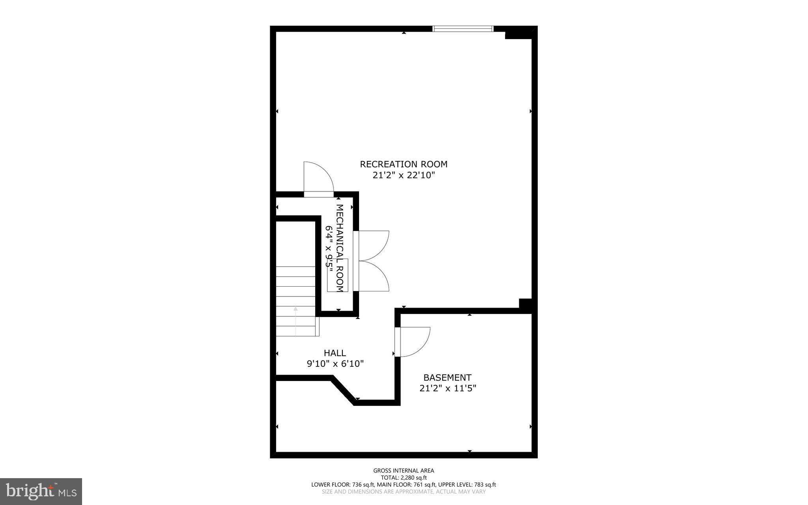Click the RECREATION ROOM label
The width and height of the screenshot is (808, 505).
coord(404,164)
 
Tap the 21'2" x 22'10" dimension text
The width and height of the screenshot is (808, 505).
coord(404,175)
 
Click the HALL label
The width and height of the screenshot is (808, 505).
coord(335,353)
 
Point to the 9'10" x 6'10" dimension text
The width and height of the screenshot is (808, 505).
coord(335,364)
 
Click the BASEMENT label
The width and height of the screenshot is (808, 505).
coord(447,377)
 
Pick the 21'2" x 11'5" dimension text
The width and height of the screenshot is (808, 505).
coord(447,389)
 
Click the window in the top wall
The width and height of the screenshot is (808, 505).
coord(463,28)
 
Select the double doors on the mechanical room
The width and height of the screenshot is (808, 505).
coord(373,261)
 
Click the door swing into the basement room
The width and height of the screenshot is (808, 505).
coord(414,342)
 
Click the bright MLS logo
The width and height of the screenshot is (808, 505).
coord(41,491)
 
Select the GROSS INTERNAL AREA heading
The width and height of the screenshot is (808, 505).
coord(404,470)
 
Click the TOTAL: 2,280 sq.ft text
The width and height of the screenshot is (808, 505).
coord(404,477)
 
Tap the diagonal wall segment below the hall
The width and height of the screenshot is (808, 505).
coord(343,390)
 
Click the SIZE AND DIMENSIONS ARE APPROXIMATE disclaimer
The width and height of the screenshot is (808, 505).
coord(404,492)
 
